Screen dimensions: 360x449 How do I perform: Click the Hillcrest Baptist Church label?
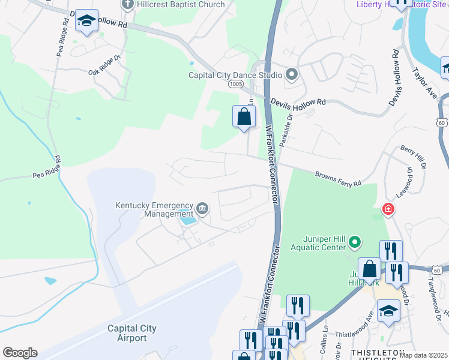(x=181, y=5)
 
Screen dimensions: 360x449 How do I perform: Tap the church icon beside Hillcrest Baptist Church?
(x=127, y=5)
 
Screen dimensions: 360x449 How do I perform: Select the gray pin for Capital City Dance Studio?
(x=292, y=75)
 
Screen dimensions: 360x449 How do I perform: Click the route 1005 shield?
(x=235, y=85)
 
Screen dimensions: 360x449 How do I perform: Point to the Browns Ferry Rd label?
(x=339, y=178)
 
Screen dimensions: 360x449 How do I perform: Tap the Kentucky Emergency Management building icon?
(x=202, y=209)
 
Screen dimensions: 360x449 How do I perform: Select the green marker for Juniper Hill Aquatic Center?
(x=355, y=242)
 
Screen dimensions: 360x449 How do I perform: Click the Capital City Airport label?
(x=131, y=333)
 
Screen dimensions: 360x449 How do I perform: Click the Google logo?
(x=20, y=353)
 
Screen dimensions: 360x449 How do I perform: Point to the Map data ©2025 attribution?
(x=423, y=355)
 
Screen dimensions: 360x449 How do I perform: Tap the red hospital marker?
(x=388, y=209)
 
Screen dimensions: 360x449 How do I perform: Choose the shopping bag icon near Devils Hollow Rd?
(x=244, y=116)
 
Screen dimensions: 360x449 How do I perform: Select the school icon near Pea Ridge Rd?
(x=86, y=22)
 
